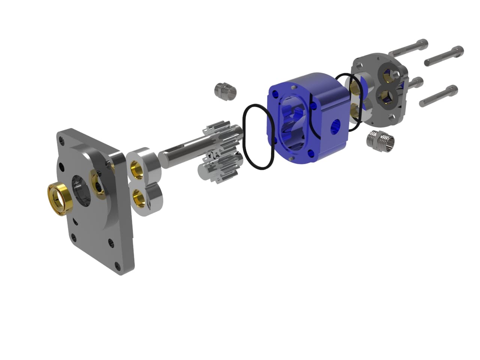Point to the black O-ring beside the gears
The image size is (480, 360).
(259, 137)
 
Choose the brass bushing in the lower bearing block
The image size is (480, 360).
(139, 196)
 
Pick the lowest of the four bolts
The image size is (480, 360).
(439, 96)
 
